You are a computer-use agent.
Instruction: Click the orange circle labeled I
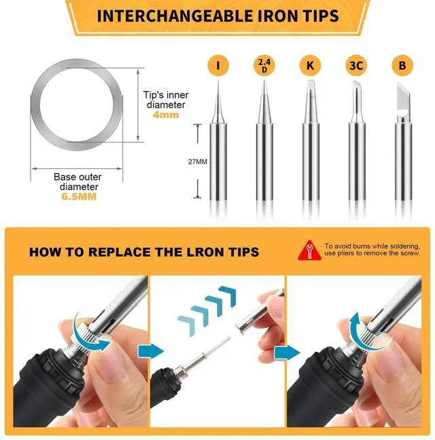218,65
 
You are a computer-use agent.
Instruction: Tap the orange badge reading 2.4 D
264,65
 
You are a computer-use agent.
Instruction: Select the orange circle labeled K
311,65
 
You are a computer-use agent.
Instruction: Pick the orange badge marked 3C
356,65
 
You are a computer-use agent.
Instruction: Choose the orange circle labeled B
402,65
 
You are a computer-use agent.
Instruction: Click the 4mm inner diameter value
166,115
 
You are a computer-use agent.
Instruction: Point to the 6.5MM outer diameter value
79,196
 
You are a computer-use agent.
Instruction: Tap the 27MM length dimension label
198,162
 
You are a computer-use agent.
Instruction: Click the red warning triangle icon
309,251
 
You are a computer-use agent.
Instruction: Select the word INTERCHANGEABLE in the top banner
175,16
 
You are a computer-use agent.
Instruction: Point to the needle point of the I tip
218,81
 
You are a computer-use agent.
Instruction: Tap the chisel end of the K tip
311,84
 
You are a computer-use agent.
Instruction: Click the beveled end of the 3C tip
356,84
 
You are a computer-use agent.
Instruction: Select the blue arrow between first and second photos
151,351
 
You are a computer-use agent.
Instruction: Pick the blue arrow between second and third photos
287,352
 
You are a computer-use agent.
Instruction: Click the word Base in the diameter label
64,177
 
